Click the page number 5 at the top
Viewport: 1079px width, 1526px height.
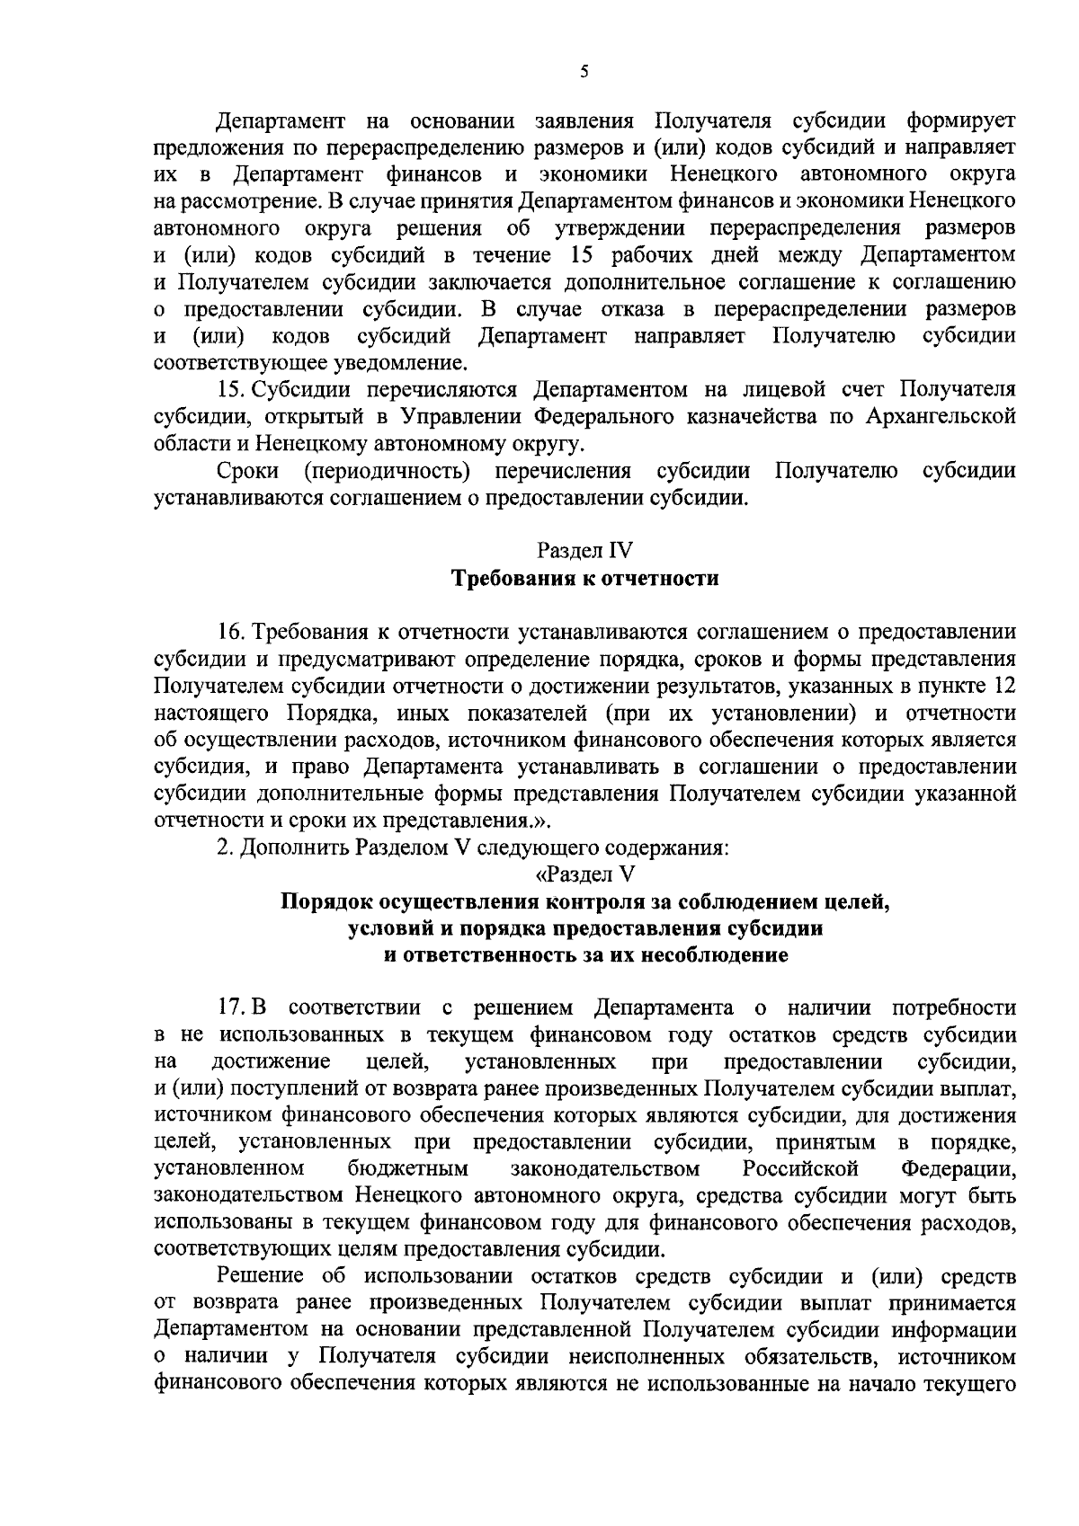pos(584,73)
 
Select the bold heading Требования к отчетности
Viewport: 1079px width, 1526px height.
pos(584,577)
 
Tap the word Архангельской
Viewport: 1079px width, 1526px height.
pos(941,417)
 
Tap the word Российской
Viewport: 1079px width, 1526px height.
pos(801,1169)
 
